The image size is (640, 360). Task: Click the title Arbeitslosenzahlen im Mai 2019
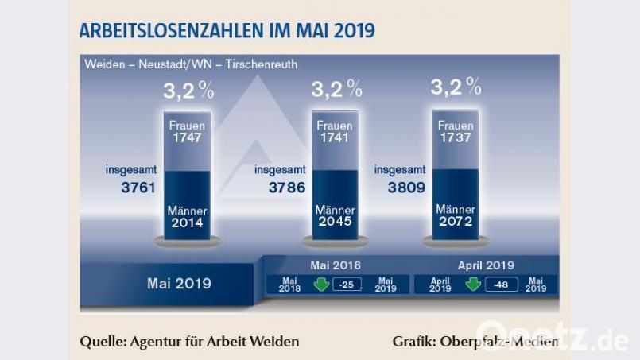pyautogui.click(x=227, y=31)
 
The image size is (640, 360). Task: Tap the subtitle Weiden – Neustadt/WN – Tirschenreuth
pyautogui.click(x=190, y=64)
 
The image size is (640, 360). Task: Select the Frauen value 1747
pyautogui.click(x=185, y=137)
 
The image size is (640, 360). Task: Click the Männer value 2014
pyautogui.click(x=185, y=223)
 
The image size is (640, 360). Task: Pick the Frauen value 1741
pyautogui.click(x=334, y=137)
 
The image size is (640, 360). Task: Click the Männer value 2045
pyautogui.click(x=334, y=223)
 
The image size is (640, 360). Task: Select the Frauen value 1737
pyautogui.click(x=456, y=137)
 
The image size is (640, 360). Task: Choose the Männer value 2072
pyautogui.click(x=456, y=223)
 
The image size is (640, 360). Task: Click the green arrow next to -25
pyautogui.click(x=321, y=284)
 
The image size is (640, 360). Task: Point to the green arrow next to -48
pyautogui.click(x=473, y=284)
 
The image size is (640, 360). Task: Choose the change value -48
pyautogui.click(x=498, y=284)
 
